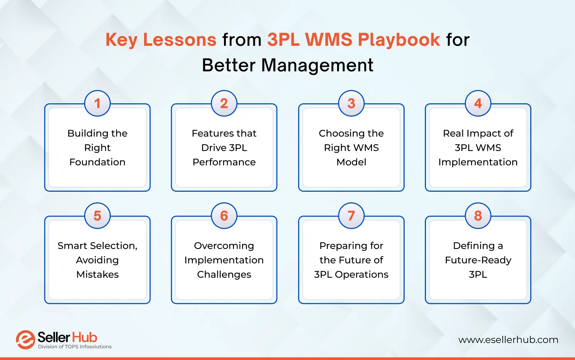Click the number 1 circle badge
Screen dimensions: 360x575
[x=97, y=103]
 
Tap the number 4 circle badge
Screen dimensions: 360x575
[x=478, y=103]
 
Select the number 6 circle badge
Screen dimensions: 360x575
[x=224, y=216]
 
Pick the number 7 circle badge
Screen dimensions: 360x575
[x=351, y=216]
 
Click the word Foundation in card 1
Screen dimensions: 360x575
[x=97, y=162]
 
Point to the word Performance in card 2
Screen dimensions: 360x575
[x=224, y=162]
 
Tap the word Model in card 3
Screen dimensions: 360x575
[x=351, y=162]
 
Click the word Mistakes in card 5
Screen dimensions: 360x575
[x=97, y=274]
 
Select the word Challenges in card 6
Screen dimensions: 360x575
[x=224, y=274]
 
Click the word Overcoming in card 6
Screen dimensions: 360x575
[x=224, y=246]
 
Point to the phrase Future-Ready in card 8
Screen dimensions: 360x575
[x=478, y=260]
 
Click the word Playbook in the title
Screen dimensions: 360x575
[x=399, y=39]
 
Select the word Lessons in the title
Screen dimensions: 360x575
[x=180, y=39]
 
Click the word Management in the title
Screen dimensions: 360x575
[x=317, y=65]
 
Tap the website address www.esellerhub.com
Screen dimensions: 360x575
[x=508, y=340]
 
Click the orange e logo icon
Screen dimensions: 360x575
[x=25, y=340]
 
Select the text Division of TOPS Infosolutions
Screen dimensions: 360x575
[x=75, y=347]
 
